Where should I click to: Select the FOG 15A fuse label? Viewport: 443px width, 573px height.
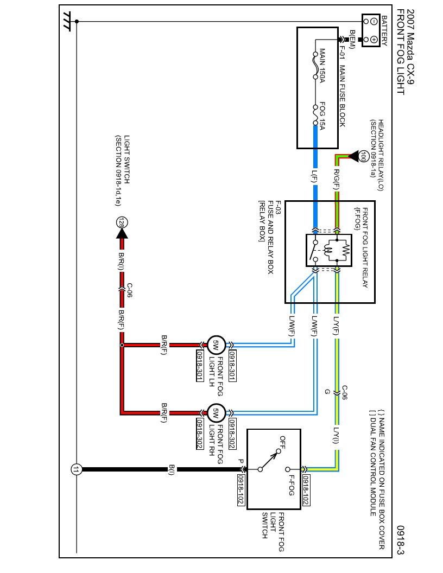[x=322, y=116]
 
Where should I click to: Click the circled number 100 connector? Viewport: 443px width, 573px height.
[x=363, y=156]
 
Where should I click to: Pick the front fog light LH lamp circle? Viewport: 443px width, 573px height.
[x=216, y=344]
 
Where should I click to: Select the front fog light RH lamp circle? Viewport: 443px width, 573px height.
[x=216, y=412]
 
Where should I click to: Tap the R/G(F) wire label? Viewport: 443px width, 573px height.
[x=336, y=179]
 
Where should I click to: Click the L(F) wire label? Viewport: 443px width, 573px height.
[x=314, y=176]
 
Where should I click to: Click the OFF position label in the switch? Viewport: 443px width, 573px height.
[x=283, y=443]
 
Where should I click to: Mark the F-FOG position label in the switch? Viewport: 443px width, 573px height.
[x=291, y=486]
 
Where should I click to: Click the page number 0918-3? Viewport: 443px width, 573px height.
[x=400, y=540]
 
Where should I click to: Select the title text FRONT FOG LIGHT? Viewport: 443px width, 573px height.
[x=400, y=52]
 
